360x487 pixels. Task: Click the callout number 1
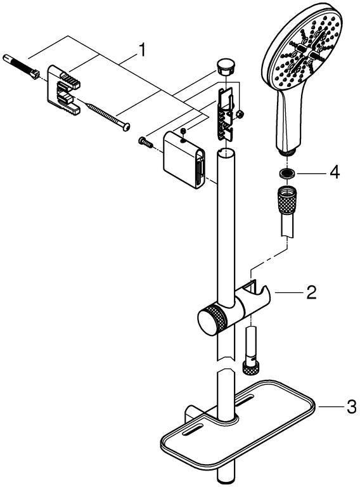pyautogui.click(x=142, y=50)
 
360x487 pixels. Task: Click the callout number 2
pyautogui.click(x=311, y=292)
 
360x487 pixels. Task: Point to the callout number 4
pyautogui.click(x=334, y=172)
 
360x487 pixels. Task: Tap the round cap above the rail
pyautogui.click(x=225, y=67)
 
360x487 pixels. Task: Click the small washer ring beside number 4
pyautogui.click(x=286, y=174)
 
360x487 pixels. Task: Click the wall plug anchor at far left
pyautogui.click(x=20, y=67)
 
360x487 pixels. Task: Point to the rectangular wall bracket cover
pyautogui.click(x=184, y=160)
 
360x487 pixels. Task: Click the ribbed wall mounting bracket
pyautogui.click(x=63, y=90)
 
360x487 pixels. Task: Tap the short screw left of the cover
pyautogui.click(x=146, y=142)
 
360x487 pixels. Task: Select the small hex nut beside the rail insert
pyautogui.click(x=239, y=114)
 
